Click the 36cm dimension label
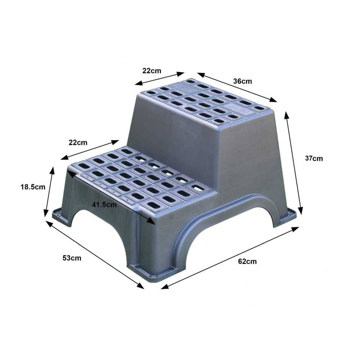(x=242, y=81)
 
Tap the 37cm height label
(x=314, y=158)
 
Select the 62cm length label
(x=247, y=261)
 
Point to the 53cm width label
(x=72, y=258)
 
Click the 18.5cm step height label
(x=33, y=187)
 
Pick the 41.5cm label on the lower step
(x=104, y=204)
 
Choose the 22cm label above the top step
(x=152, y=71)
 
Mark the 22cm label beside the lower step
(x=78, y=143)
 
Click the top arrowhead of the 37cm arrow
(x=286, y=115)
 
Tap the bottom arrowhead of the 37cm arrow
(x=300, y=211)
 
